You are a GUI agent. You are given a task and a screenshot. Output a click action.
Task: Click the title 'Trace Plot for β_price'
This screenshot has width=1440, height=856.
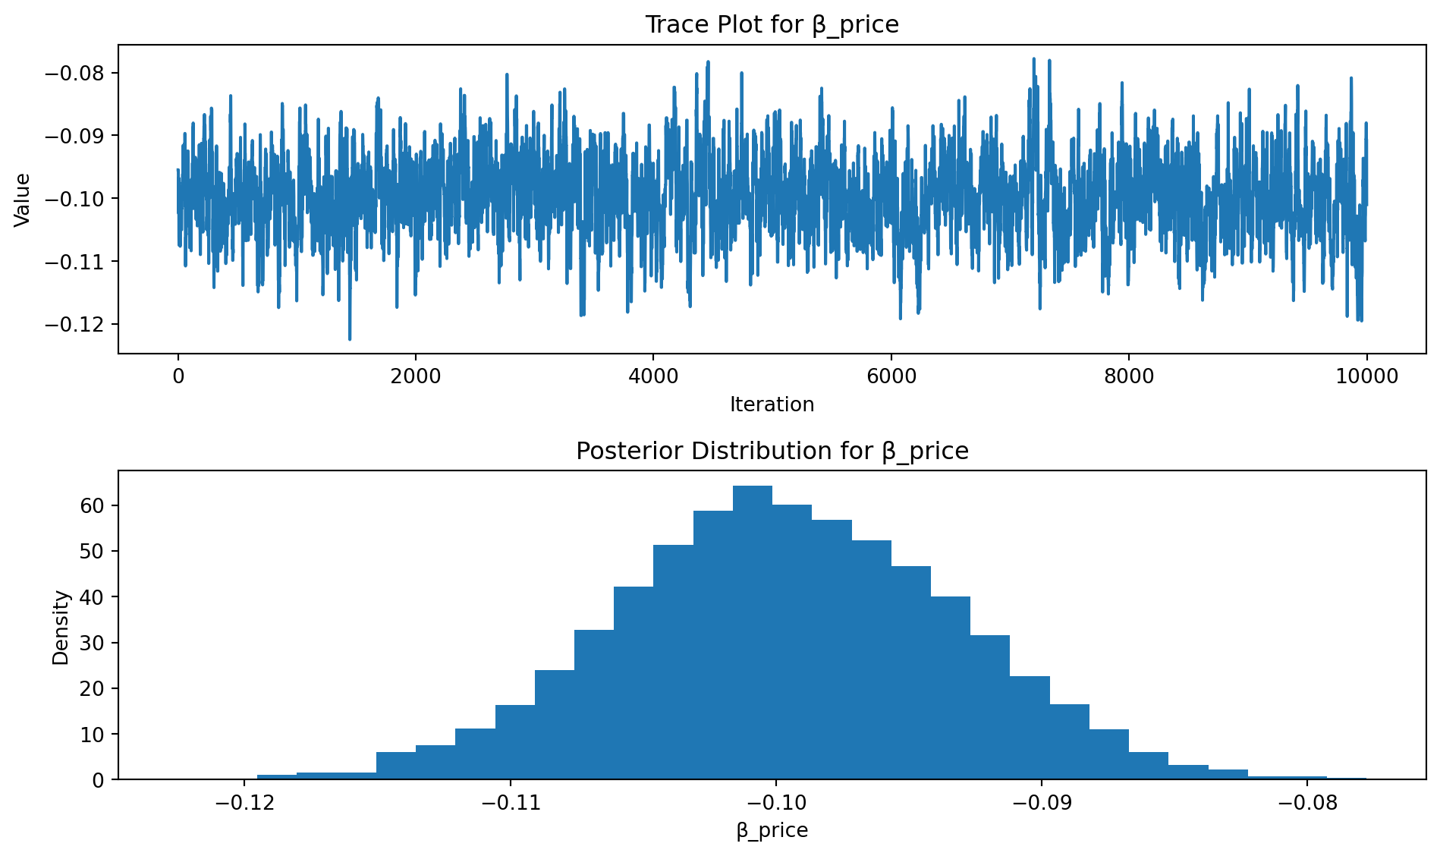tap(772, 25)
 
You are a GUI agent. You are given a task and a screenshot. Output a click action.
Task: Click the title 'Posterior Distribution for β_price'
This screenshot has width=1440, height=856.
tap(772, 452)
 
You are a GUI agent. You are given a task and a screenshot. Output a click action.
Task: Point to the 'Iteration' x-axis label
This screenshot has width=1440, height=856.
tap(772, 404)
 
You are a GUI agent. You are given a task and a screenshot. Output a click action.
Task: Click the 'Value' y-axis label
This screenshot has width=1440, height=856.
tap(23, 200)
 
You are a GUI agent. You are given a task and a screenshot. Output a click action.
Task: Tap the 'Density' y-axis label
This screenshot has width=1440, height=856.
tap(61, 628)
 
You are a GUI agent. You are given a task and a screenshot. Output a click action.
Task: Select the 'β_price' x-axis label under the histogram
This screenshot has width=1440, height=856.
tap(772, 830)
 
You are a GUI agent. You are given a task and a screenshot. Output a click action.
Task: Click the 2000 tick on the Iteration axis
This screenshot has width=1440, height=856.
tap(415, 376)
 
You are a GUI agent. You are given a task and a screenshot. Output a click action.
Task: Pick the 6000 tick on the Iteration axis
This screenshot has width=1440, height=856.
tap(891, 376)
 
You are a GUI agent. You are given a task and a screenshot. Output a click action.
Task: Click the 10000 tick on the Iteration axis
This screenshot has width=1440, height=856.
tap(1366, 376)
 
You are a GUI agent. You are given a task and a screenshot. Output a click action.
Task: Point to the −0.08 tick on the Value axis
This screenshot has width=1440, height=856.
tap(76, 74)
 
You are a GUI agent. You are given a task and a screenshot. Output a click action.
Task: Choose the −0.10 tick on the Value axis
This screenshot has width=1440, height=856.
tap(76, 199)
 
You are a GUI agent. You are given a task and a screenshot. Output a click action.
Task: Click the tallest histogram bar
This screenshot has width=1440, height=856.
tap(752, 630)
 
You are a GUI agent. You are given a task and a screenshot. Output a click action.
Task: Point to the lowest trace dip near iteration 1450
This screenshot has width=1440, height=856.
tap(350, 338)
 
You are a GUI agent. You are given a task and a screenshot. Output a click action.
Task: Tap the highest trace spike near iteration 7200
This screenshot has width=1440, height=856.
tap(1033, 58)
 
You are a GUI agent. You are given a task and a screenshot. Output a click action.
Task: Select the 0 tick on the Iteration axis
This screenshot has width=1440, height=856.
tap(178, 376)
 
